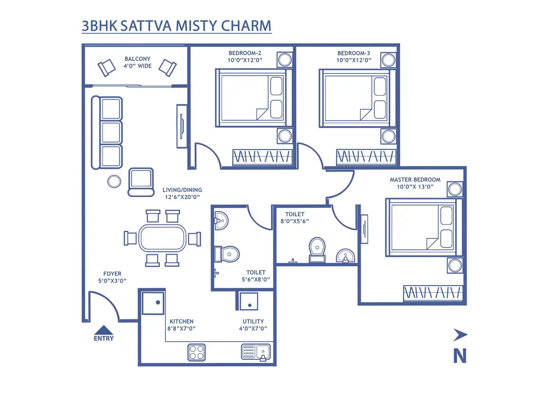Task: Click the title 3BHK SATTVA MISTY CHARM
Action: (x=176, y=26)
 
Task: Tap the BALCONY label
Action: (x=138, y=59)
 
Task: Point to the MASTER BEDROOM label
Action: (x=415, y=180)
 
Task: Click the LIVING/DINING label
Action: (x=182, y=190)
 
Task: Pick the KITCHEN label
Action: (x=181, y=321)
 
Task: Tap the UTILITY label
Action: (x=253, y=321)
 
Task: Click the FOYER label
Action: (x=112, y=274)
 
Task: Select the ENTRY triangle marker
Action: (x=104, y=330)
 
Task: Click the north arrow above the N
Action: (x=460, y=336)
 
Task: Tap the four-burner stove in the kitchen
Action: (x=196, y=352)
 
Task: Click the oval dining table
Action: (x=161, y=238)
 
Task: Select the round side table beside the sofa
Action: (x=114, y=182)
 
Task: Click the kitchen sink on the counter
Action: (x=256, y=352)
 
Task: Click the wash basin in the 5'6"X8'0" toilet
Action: (x=220, y=218)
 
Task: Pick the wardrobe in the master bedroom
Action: (x=433, y=293)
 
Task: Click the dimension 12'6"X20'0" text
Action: (x=182, y=197)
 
